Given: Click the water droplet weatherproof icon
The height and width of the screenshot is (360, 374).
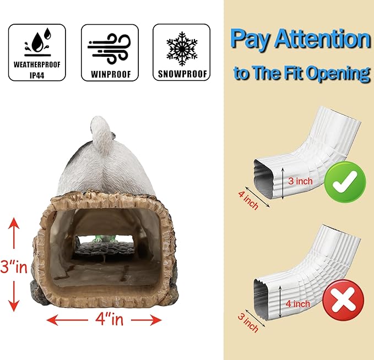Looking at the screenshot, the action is click(x=37, y=42).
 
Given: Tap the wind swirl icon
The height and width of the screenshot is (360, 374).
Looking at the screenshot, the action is click(x=109, y=48).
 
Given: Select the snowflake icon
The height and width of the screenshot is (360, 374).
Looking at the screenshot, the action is click(x=182, y=48).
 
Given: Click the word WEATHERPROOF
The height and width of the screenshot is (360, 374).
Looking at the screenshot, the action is click(x=37, y=64).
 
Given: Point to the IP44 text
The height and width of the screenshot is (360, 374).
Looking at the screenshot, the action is click(x=37, y=75).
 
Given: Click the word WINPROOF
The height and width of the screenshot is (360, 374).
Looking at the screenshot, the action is click(x=111, y=74).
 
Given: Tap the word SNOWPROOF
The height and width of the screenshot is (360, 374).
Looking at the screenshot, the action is click(x=182, y=74).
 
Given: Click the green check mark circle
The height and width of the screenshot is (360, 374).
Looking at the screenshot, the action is click(x=345, y=182).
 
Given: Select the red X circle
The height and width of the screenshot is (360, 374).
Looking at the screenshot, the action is click(x=344, y=300).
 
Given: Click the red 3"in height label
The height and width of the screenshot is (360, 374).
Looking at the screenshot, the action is click(x=14, y=266).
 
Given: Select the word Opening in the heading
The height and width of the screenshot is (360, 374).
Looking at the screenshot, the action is click(x=338, y=73).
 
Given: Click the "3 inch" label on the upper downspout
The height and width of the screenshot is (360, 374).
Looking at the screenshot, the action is click(x=300, y=181).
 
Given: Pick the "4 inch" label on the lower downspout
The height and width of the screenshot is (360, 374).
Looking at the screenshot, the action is click(x=298, y=304).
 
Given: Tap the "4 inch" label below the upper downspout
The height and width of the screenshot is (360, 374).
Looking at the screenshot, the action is click(x=248, y=200).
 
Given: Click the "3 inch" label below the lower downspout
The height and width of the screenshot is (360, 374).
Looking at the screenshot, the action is click(x=248, y=323).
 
